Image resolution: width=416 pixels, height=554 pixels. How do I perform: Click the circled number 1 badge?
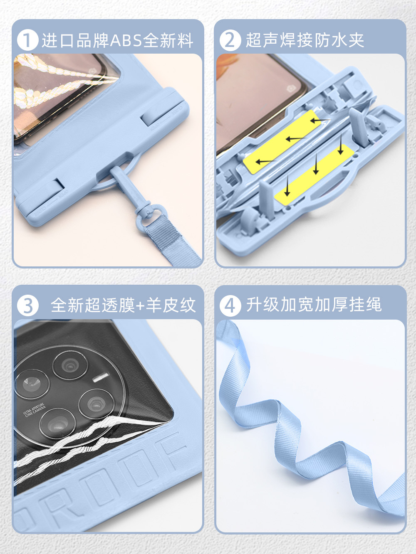pos(27,40)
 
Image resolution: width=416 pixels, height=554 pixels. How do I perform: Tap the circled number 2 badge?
pos(230,40)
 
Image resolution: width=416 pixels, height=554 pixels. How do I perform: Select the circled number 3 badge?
pos(27,305)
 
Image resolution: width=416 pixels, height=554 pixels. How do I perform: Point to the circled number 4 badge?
pos(230,305)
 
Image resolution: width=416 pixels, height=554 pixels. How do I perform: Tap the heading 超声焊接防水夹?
pos(305,40)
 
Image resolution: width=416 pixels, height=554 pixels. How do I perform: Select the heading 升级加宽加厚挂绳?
pos(314,305)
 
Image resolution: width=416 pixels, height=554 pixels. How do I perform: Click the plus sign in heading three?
pos(140,306)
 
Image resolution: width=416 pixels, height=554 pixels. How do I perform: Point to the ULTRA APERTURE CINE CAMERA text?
pos(34,410)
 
